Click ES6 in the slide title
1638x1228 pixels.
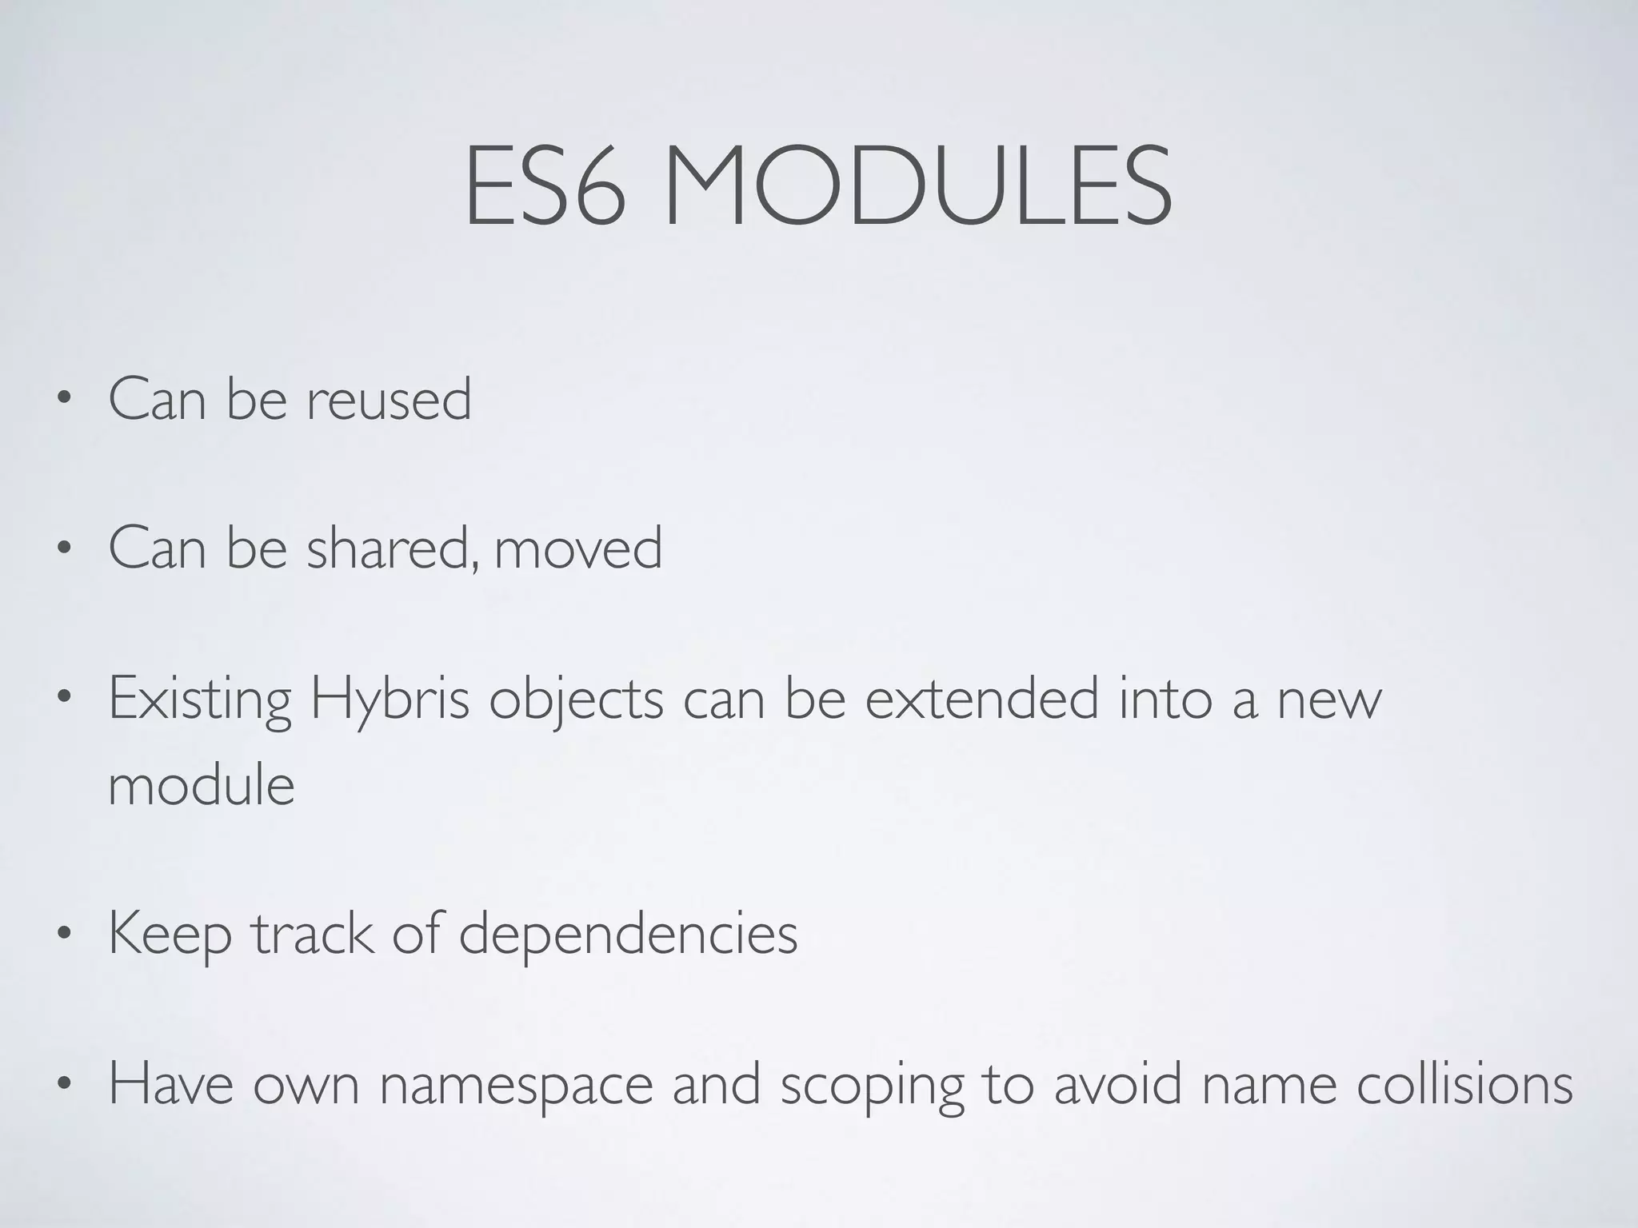click(x=544, y=185)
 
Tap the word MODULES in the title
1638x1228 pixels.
click(x=917, y=185)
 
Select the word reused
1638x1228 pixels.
click(x=389, y=399)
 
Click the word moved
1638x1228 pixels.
click(x=578, y=548)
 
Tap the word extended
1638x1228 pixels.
click(x=982, y=699)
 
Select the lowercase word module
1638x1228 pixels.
click(x=202, y=785)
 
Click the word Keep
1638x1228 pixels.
click(x=170, y=934)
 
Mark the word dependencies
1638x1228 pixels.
click(x=628, y=934)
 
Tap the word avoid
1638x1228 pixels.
click(x=1117, y=1084)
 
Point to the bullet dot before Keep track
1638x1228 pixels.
click(x=64, y=933)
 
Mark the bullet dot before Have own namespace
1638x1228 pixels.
click(x=64, y=1085)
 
